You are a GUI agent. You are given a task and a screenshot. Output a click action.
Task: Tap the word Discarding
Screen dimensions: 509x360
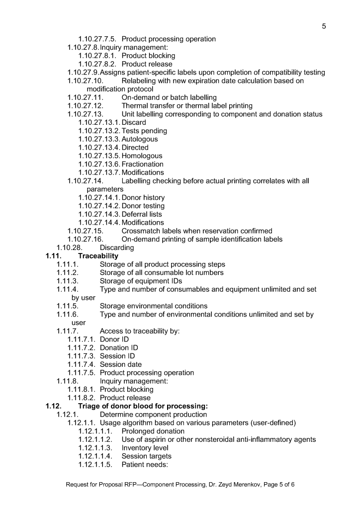point(117,248)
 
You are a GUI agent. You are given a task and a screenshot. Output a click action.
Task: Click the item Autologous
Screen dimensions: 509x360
point(140,139)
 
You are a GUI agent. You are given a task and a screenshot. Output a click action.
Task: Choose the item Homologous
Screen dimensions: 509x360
point(142,156)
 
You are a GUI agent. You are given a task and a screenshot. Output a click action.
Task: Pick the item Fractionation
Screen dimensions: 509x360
point(142,164)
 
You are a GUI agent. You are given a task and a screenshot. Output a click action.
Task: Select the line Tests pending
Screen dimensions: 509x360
point(144,131)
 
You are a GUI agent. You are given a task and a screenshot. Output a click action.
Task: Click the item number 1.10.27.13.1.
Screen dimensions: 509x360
point(99,122)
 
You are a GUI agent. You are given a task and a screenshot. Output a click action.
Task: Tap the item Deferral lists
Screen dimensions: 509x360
point(142,214)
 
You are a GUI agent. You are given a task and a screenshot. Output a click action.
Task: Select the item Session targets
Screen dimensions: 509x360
point(147,456)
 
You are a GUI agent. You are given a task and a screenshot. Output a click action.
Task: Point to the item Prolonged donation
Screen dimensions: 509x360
point(153,431)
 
